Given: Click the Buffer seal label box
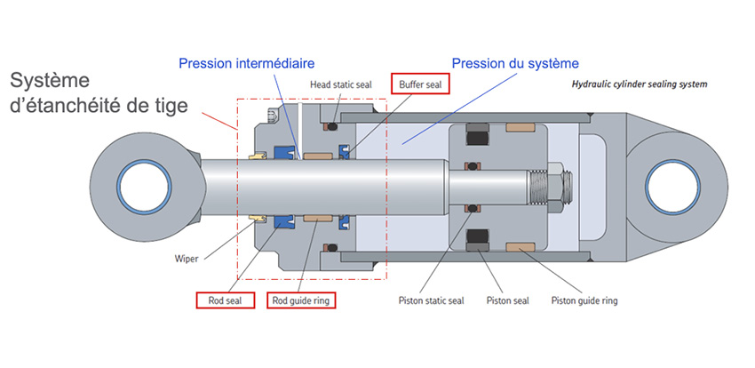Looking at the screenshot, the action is pos(420,84).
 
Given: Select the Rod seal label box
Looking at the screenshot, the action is pos(225,300).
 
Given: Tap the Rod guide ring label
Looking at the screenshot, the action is pos(301,300).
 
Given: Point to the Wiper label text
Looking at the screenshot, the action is pos(187,260).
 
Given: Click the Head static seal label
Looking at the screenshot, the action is pos(341,84).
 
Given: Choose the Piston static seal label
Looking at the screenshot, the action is pos(432,301).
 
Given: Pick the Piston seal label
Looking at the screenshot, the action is pos(507,301).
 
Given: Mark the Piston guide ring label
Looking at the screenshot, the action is pos(584,301).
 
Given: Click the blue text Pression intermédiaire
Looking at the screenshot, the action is pos(247,63).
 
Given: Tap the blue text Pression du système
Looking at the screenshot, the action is pos(515,63).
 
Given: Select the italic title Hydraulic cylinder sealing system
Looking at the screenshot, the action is pos(640,84).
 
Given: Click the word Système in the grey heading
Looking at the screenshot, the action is pos(50,80).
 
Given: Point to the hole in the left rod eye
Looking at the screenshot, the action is pos(145,188).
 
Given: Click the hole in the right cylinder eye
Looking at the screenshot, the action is pos(672,187).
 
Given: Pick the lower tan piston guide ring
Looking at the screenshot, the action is pos(520,247).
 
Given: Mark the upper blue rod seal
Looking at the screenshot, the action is pos(283,153).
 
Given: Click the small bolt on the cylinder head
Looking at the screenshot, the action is pos(272,116).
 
